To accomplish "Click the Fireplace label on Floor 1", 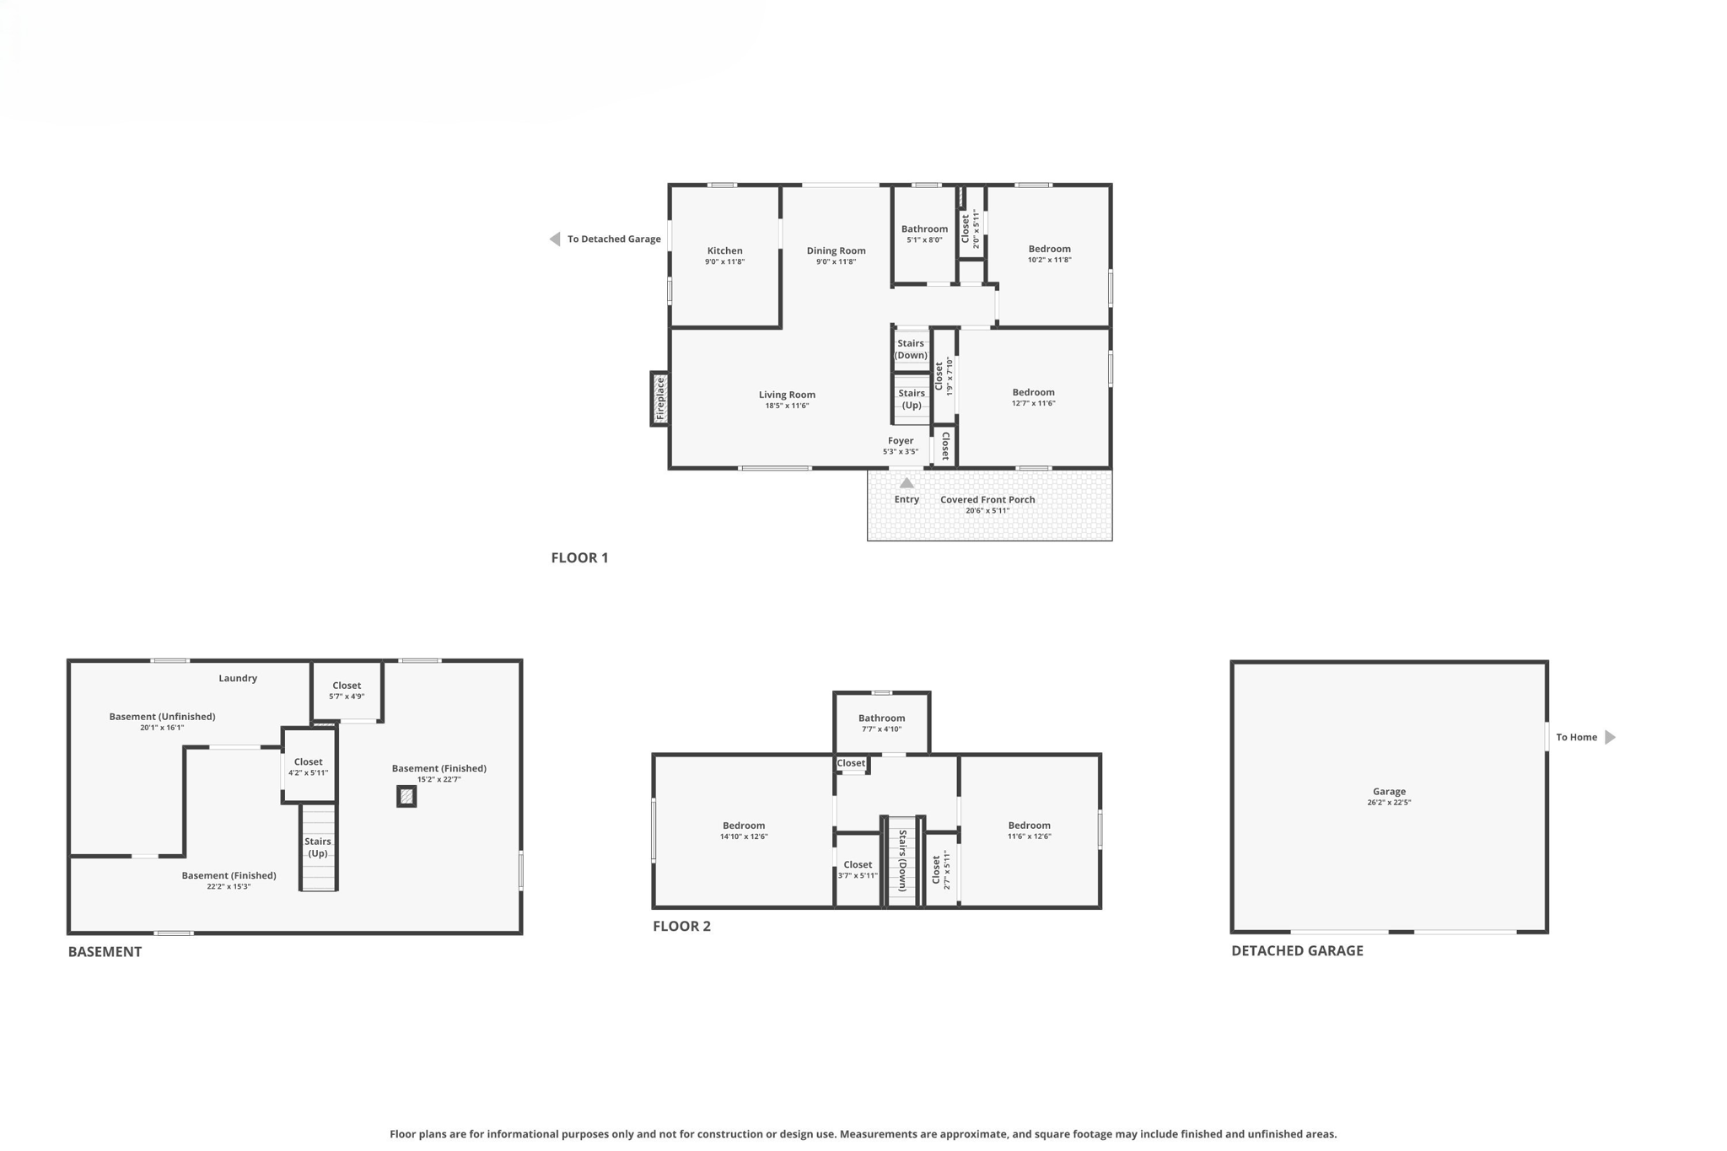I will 660,399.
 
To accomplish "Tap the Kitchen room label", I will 724,250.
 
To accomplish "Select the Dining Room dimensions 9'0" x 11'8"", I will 835,262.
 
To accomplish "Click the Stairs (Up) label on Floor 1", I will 911,399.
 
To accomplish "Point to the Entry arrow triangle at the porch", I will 907,483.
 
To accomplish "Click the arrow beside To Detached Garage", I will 555,239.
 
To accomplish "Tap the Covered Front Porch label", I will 987,499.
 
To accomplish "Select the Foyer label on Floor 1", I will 900,440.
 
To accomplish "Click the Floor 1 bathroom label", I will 923,229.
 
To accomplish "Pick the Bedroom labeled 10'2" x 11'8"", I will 1049,249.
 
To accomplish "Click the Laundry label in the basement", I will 238,678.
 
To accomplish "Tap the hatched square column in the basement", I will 406,796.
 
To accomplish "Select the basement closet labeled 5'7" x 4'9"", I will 347,686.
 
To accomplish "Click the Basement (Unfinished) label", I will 162,717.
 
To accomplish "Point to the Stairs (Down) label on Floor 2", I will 901,860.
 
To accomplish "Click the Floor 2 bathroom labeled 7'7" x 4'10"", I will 881,718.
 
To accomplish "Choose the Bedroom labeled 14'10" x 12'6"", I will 743,826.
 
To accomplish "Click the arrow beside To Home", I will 1610,737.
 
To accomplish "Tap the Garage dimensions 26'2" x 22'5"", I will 1388,803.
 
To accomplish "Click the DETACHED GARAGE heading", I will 1296,950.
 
